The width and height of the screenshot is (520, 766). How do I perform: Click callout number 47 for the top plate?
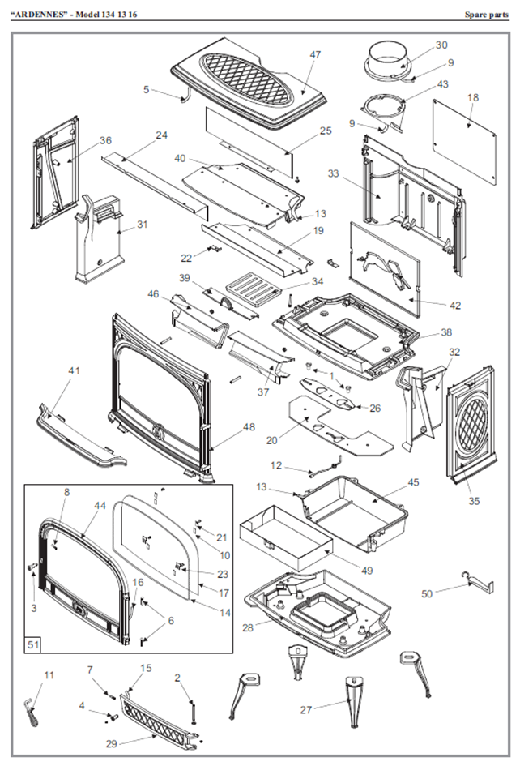(315, 55)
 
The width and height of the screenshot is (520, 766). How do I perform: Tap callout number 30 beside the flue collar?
(441, 45)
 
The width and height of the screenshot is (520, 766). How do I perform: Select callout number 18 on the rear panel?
(473, 97)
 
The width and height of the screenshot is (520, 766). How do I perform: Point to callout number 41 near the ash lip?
(75, 370)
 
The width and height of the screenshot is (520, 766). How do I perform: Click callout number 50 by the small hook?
(427, 593)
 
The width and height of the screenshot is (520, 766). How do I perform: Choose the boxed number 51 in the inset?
(34, 644)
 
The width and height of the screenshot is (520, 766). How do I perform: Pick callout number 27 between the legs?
(305, 709)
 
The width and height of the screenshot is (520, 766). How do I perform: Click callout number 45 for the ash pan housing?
(413, 482)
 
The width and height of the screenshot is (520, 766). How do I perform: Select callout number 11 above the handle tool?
(49, 675)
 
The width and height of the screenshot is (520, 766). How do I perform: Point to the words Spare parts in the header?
(485, 14)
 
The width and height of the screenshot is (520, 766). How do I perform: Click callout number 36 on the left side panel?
(105, 140)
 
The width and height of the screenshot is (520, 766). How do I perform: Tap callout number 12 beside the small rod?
(276, 465)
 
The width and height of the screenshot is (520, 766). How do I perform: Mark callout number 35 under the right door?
(474, 501)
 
